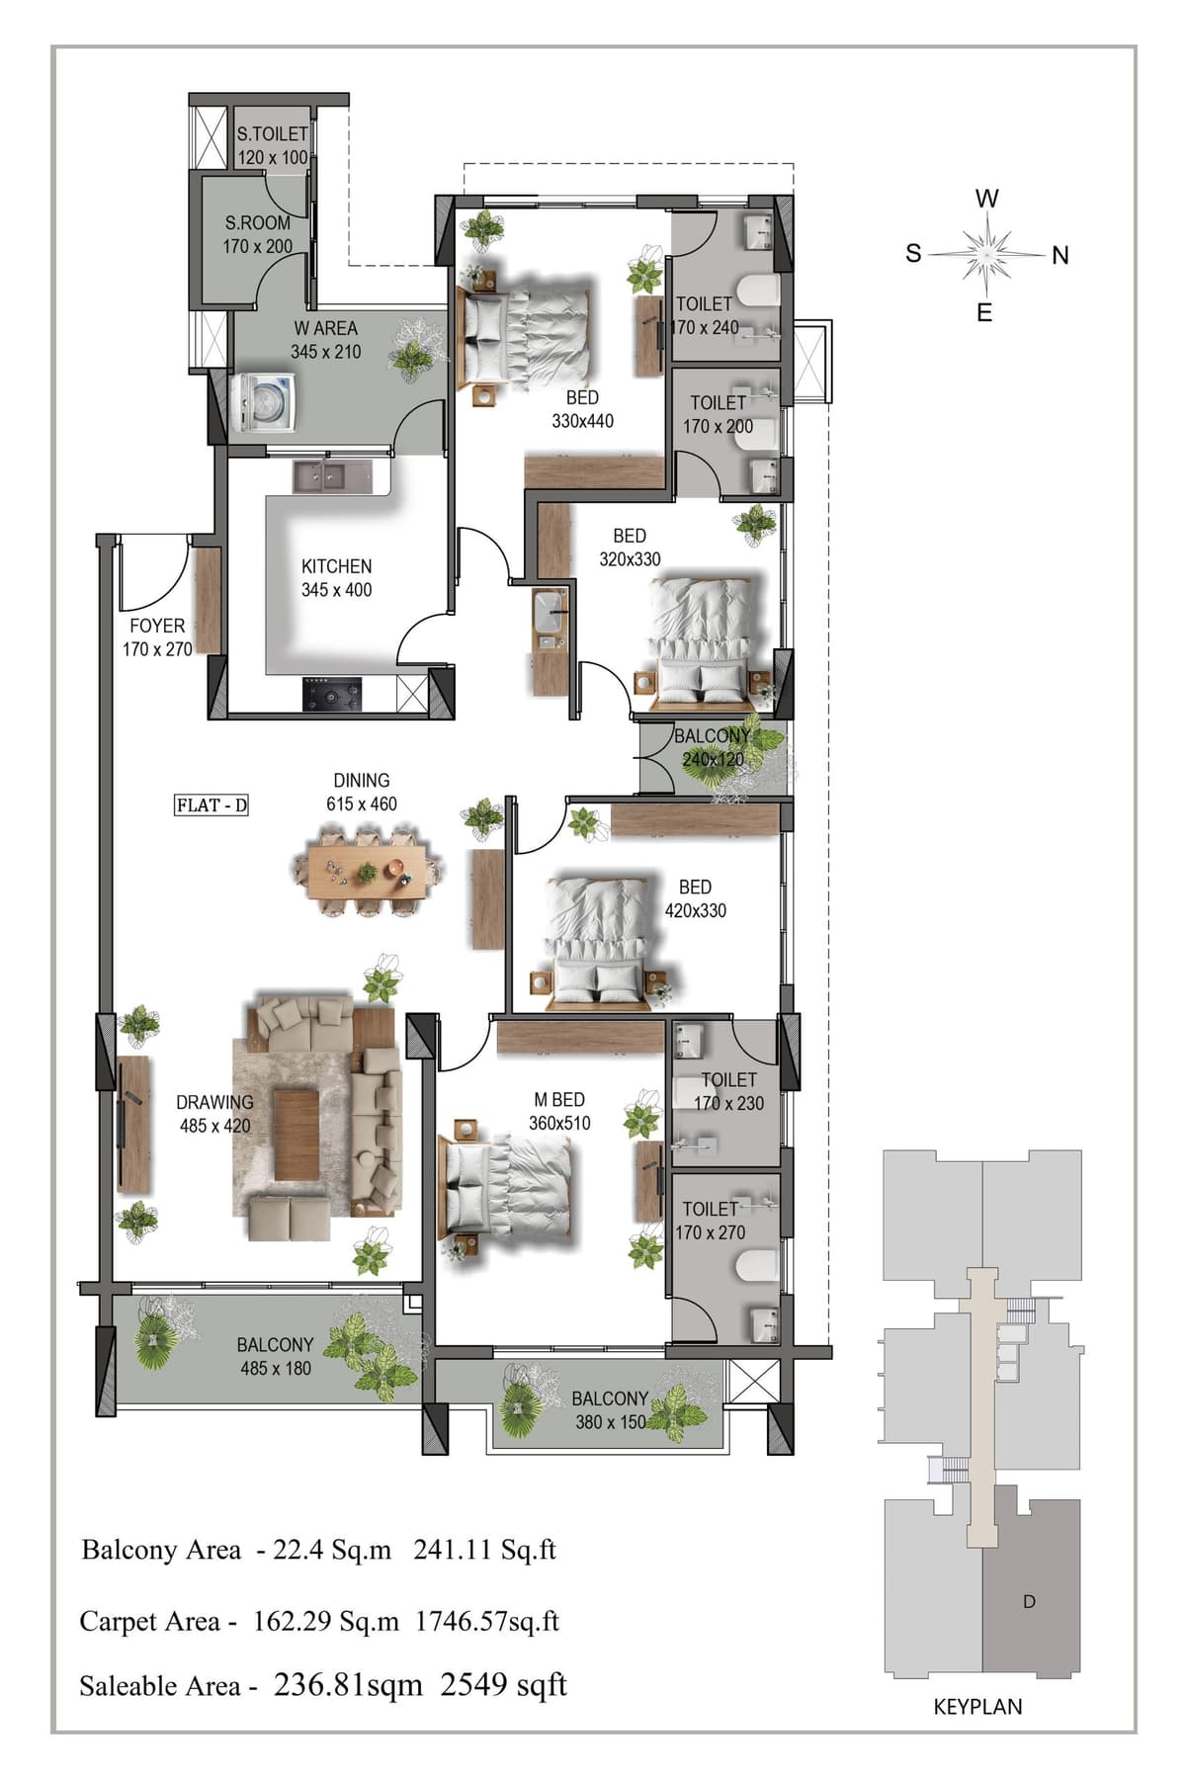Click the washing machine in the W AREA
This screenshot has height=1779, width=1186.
pyautogui.click(x=264, y=402)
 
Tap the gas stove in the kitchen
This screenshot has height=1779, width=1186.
pyautogui.click(x=332, y=694)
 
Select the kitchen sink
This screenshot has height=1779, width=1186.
pyautogui.click(x=332, y=478)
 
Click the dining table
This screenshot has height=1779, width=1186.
pyautogui.click(x=368, y=872)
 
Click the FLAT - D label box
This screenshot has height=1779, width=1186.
pyautogui.click(x=212, y=805)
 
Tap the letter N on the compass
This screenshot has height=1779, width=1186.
pyautogui.click(x=1060, y=256)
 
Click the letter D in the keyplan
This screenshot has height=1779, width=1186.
pyautogui.click(x=1029, y=1601)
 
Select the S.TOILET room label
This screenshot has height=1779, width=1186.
pyautogui.click(x=272, y=133)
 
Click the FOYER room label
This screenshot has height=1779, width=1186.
pyautogui.click(x=157, y=626)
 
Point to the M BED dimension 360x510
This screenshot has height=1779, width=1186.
pyautogui.click(x=559, y=1123)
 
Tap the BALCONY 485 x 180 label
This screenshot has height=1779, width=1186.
pyautogui.click(x=275, y=1357)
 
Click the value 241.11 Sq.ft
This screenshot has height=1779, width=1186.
pyautogui.click(x=484, y=1550)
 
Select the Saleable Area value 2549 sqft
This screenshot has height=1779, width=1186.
pyautogui.click(x=504, y=1685)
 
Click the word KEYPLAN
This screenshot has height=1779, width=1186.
pyautogui.click(x=977, y=1707)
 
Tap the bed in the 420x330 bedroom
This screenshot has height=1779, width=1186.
pyautogui.click(x=599, y=943)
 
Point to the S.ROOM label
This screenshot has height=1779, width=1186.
pyautogui.click(x=258, y=223)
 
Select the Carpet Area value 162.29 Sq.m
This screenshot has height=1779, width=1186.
pyautogui.click(x=326, y=1622)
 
